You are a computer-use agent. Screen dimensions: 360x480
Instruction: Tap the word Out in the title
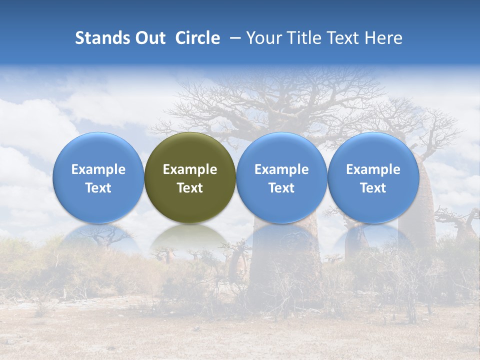click(x=149, y=38)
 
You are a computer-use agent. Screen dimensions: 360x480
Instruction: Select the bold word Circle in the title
click(x=197, y=38)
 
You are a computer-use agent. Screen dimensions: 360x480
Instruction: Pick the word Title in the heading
click(x=303, y=38)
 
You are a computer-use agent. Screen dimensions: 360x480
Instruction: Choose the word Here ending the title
click(x=383, y=38)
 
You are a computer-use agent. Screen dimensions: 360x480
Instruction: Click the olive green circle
click(x=190, y=178)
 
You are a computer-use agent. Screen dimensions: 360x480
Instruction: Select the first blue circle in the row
click(x=98, y=178)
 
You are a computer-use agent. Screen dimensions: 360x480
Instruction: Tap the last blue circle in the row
click(x=373, y=178)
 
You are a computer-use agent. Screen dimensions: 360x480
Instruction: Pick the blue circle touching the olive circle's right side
click(x=281, y=178)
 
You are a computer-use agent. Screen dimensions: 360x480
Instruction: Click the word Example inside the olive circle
click(x=190, y=169)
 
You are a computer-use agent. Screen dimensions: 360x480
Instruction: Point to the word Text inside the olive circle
click(x=190, y=188)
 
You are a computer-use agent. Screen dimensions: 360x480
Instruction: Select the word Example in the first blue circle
click(x=98, y=169)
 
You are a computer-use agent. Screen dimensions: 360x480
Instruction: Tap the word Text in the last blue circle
click(x=373, y=188)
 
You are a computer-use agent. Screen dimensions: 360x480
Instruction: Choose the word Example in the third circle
click(x=281, y=169)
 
